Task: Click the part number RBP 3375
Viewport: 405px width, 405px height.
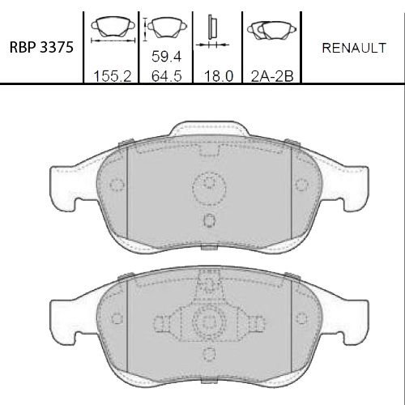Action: click(41, 47)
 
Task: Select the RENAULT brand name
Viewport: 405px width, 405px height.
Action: click(354, 48)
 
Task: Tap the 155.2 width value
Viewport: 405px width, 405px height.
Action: click(113, 76)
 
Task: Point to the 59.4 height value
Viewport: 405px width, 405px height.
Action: click(166, 57)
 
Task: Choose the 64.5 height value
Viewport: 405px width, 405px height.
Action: click(166, 76)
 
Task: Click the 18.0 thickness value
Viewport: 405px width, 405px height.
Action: click(219, 76)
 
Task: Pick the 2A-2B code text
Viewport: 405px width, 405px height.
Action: click(272, 76)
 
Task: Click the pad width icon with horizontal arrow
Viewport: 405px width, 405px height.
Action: click(113, 30)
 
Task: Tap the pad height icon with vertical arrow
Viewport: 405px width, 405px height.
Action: click(164, 28)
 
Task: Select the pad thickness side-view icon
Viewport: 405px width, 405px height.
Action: click(212, 32)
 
